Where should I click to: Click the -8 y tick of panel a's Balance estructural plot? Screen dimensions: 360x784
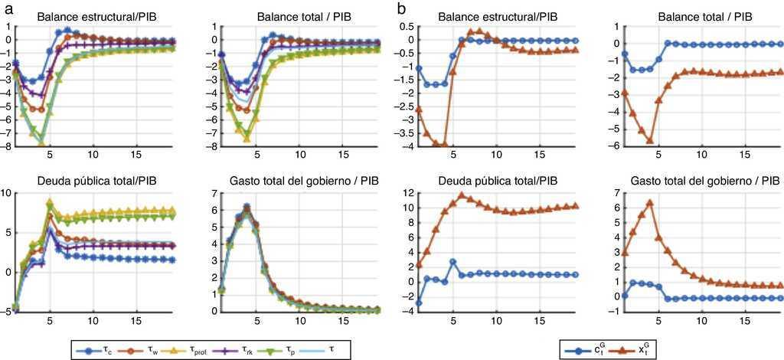[x=9, y=146]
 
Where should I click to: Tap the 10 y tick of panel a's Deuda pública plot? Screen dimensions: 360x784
[x=8, y=192]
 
